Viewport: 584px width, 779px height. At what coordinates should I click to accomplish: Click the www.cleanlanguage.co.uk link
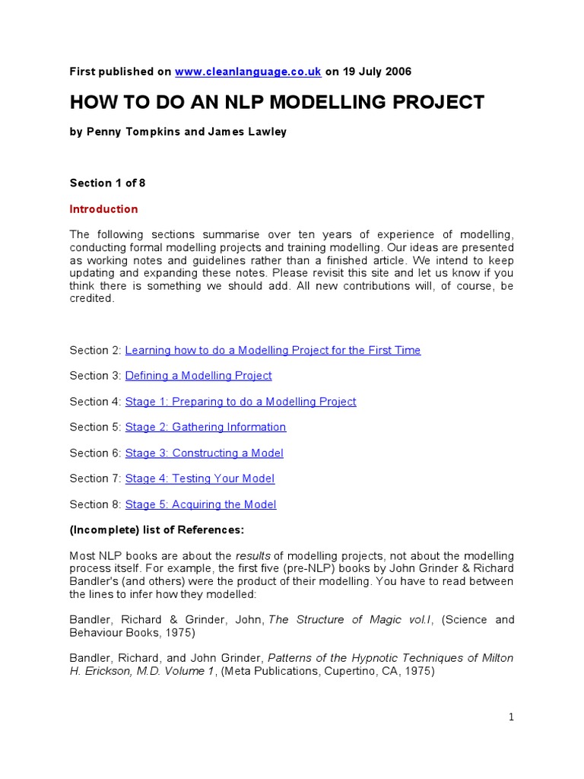tap(248, 72)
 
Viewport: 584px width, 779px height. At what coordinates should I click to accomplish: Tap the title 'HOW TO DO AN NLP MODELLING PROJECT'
tap(277, 102)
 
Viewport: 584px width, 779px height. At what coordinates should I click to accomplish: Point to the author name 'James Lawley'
tap(247, 132)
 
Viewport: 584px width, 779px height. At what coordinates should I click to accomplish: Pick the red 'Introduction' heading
tap(103, 209)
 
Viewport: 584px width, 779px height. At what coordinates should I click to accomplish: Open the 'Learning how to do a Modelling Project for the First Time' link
tap(272, 350)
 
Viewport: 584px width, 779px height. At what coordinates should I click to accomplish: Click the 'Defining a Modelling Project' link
tap(198, 376)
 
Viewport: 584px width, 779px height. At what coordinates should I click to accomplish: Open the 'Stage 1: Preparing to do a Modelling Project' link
tap(240, 402)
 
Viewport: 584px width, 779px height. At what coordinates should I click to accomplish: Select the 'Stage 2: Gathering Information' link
tap(205, 427)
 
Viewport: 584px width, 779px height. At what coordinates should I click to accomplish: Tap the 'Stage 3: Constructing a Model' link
tap(204, 453)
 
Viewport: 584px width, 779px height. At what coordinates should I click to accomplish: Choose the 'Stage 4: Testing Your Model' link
tap(199, 479)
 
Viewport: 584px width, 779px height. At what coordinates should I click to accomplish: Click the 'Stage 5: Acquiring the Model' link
tap(200, 504)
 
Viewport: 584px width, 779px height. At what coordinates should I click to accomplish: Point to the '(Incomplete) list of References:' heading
tap(157, 529)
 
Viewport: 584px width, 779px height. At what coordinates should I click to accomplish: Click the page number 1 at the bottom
tap(512, 717)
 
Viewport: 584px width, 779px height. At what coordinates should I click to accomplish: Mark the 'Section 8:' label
tap(95, 504)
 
